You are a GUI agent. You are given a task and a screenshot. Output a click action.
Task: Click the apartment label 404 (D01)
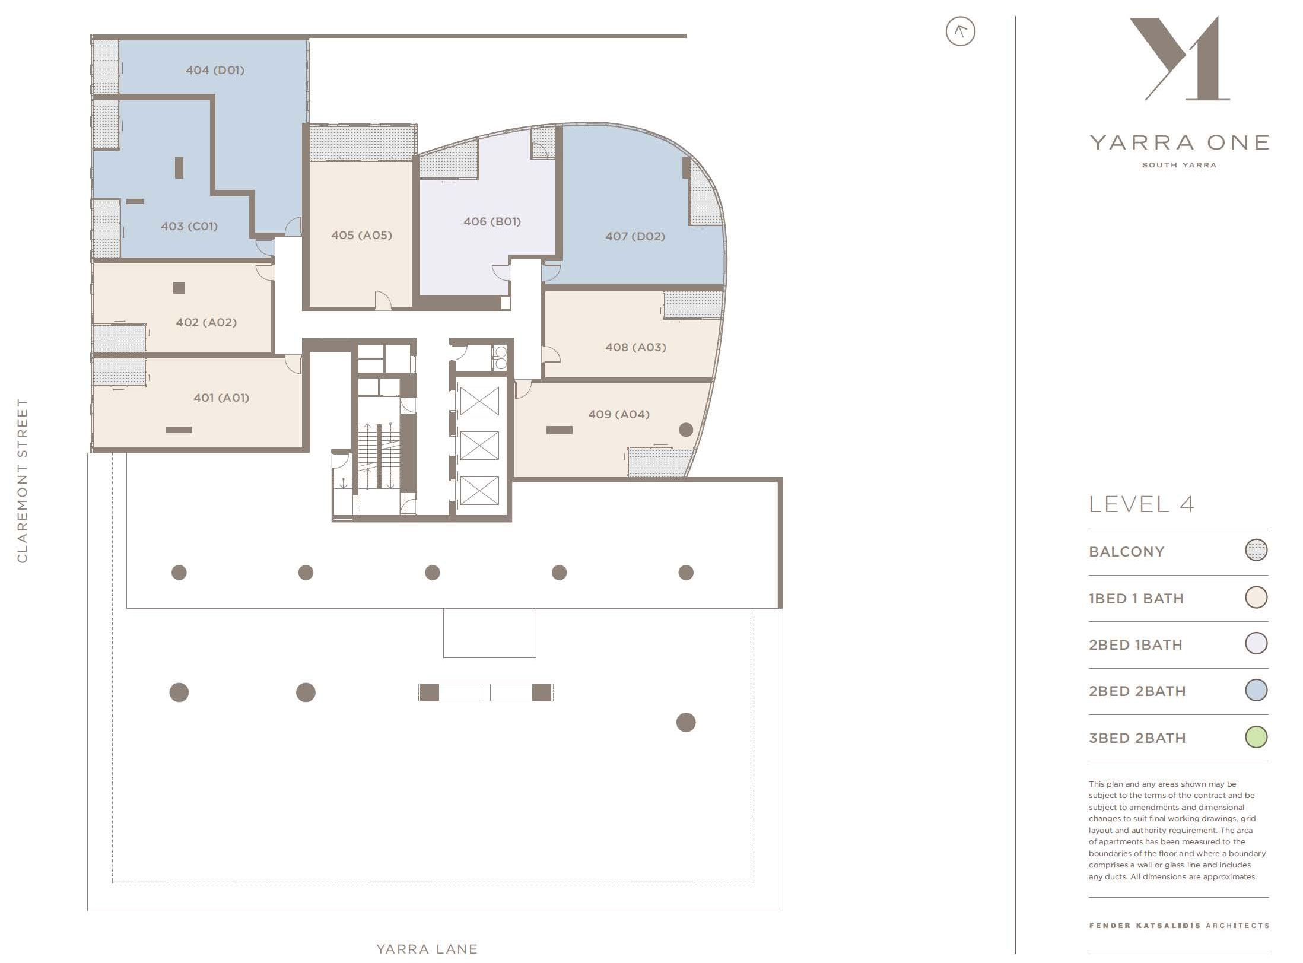215,70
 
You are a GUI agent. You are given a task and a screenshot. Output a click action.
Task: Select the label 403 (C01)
189,226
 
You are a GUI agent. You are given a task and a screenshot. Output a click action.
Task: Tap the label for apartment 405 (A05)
361,235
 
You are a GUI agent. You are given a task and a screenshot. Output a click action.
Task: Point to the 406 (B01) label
492,221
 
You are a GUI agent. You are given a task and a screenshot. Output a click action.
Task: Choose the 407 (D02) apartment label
635,236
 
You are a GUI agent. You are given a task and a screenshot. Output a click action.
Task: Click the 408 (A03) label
635,347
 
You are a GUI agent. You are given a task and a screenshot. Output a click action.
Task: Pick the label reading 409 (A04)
619,414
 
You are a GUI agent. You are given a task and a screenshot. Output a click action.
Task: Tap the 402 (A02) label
206,322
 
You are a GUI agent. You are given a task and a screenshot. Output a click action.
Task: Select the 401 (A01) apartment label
221,398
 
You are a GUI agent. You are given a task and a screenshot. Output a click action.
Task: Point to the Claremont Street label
22,481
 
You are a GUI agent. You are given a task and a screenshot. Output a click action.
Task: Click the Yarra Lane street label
427,949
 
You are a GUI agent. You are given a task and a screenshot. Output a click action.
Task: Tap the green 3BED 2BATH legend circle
1256,737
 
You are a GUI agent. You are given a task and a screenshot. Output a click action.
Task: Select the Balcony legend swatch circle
1256,550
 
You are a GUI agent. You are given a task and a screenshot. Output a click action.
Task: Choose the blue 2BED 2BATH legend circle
1256,690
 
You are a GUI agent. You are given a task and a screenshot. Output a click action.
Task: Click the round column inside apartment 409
686,430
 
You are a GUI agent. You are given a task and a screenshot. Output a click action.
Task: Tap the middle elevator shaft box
479,446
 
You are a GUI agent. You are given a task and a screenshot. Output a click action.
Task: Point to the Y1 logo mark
1180,58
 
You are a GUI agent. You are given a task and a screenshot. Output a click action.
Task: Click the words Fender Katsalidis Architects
1179,925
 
